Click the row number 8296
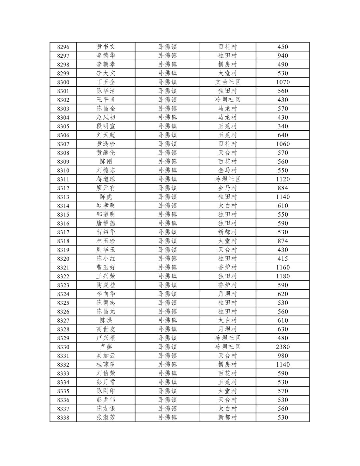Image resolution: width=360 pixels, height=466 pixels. (63, 47)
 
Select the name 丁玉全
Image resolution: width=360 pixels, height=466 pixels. (106, 82)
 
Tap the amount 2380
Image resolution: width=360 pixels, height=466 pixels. (282, 347)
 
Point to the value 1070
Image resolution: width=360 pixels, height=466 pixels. (282, 82)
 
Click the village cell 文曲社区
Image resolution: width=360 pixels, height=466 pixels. (228, 82)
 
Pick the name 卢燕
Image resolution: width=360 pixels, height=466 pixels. (106, 347)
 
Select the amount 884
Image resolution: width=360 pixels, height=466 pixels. (282, 188)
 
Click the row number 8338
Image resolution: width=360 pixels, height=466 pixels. (63, 417)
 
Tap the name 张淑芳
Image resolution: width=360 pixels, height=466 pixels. (106, 417)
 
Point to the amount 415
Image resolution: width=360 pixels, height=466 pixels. (282, 259)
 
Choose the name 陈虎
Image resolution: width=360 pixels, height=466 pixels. (106, 197)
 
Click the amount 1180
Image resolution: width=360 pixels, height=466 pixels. (282, 276)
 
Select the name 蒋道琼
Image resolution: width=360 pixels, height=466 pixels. (106, 179)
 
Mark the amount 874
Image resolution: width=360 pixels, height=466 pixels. (282, 241)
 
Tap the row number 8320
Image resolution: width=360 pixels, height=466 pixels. (63, 259)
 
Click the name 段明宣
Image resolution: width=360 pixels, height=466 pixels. (106, 126)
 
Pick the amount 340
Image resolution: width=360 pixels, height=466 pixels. (282, 126)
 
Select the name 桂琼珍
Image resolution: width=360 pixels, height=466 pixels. (106, 365)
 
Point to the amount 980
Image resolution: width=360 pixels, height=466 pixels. (282, 356)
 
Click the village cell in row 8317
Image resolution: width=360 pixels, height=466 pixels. (228, 232)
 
